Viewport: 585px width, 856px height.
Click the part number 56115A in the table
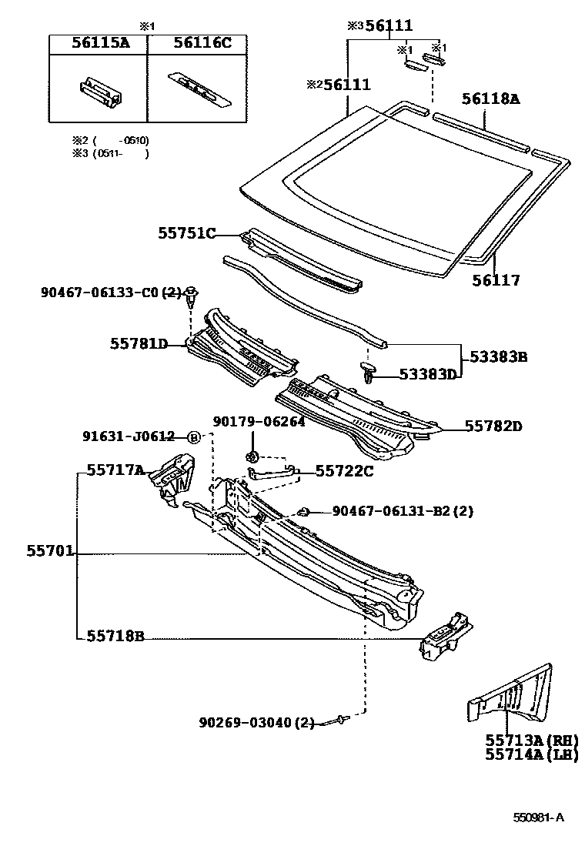click(x=100, y=43)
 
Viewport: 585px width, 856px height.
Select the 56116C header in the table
click(x=202, y=43)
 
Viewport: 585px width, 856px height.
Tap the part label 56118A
click(x=491, y=99)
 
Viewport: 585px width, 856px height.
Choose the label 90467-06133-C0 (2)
click(x=110, y=293)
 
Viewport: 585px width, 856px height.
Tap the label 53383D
click(x=428, y=374)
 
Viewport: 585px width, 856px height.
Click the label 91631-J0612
click(x=129, y=436)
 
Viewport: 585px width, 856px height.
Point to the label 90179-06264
click(x=259, y=421)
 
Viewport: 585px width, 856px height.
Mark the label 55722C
click(x=343, y=471)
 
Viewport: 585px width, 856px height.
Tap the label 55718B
click(x=115, y=636)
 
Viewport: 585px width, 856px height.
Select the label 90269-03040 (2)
click(x=256, y=723)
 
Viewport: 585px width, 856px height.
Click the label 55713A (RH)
click(x=531, y=740)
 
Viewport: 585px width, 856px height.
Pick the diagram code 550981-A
click(x=539, y=818)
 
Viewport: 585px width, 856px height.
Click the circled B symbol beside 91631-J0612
click(x=193, y=437)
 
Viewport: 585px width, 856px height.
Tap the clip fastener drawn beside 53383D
click(x=369, y=373)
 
